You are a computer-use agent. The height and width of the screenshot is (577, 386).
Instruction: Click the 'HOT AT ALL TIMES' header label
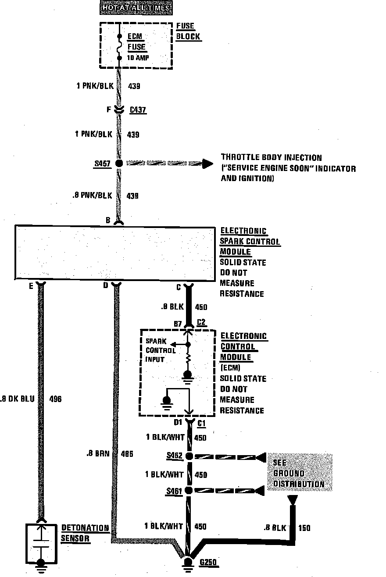(x=136, y=7)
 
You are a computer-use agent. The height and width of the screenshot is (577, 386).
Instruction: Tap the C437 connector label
(x=138, y=110)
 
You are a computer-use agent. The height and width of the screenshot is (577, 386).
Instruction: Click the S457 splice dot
(x=118, y=164)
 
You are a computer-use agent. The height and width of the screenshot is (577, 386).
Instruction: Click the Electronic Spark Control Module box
(x=114, y=252)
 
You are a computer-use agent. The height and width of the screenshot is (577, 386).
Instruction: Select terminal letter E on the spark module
(x=31, y=286)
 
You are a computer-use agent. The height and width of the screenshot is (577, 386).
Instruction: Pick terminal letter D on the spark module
(x=105, y=286)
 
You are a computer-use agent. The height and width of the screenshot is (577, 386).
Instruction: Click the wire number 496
(x=56, y=399)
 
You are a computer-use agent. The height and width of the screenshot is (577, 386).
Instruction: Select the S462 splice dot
(x=189, y=456)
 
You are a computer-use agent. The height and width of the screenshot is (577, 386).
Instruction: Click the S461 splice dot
(x=189, y=490)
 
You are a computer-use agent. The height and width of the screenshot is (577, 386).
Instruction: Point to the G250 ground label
(x=208, y=563)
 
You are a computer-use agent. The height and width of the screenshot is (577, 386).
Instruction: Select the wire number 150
(x=304, y=528)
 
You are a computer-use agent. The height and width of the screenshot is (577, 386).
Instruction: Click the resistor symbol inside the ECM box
(x=188, y=360)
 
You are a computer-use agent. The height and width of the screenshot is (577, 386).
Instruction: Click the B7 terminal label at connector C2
(x=178, y=324)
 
